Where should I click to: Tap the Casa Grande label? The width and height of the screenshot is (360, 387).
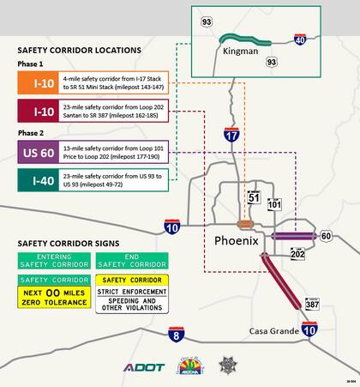(274, 332)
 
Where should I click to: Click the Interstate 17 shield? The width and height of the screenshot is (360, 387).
(231, 134)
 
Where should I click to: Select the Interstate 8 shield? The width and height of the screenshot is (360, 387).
(175, 334)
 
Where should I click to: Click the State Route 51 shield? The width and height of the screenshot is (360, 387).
(253, 197)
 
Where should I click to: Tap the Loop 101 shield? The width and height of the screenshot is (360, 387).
(274, 204)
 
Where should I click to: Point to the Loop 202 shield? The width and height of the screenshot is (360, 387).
(297, 254)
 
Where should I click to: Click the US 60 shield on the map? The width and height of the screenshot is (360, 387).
(326, 236)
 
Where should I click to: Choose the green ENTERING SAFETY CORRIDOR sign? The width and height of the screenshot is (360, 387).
(53, 260)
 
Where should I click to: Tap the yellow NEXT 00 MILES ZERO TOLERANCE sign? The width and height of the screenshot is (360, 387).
(53, 298)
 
